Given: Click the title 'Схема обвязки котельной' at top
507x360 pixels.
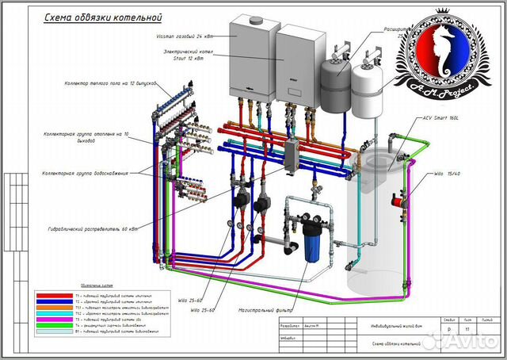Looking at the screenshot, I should point(92,16).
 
